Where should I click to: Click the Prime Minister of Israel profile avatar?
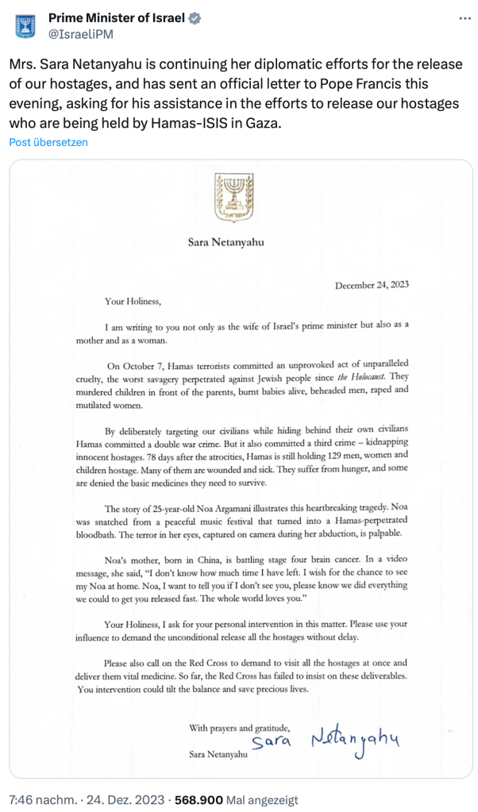click(x=26, y=25)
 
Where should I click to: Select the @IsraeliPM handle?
click(x=79, y=35)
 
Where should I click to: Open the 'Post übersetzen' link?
click(x=48, y=142)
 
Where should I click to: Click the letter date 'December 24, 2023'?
click(x=372, y=285)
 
